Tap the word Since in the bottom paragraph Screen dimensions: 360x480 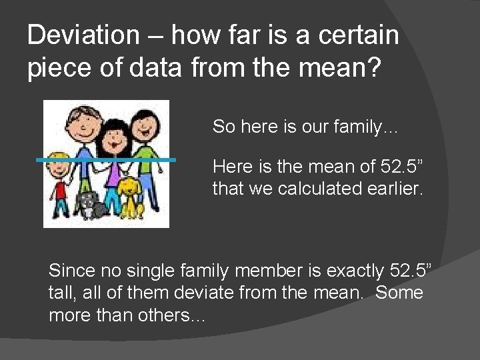(72, 271)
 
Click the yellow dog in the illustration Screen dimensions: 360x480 (132, 197)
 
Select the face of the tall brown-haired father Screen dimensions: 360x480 (79, 124)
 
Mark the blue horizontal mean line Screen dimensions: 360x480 (107, 160)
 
